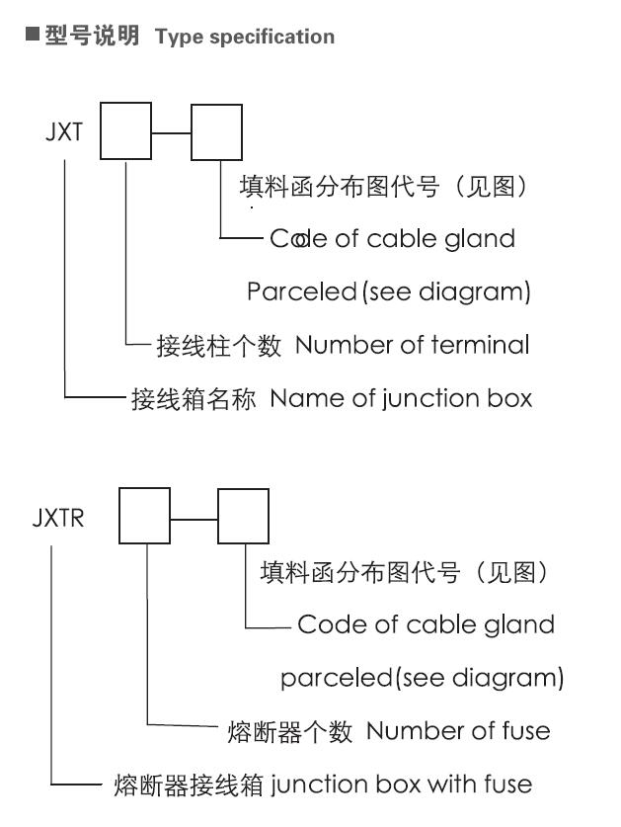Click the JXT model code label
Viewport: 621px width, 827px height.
(x=63, y=132)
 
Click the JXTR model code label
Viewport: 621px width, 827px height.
(x=58, y=518)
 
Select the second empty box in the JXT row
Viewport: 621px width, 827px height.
(x=216, y=132)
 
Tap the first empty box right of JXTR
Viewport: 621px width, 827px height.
(x=144, y=517)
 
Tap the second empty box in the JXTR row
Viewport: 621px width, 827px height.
(x=243, y=517)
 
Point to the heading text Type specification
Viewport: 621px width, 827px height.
(x=245, y=38)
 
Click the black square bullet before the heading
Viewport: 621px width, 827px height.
(x=33, y=37)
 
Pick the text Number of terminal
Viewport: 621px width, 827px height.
(x=412, y=345)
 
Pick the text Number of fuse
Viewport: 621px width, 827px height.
(x=458, y=731)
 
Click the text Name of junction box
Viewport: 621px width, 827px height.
(x=401, y=398)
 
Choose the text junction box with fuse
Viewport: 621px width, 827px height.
(x=400, y=785)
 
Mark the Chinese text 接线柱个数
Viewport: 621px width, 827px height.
(x=219, y=346)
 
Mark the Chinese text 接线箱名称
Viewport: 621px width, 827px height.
(x=194, y=399)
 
